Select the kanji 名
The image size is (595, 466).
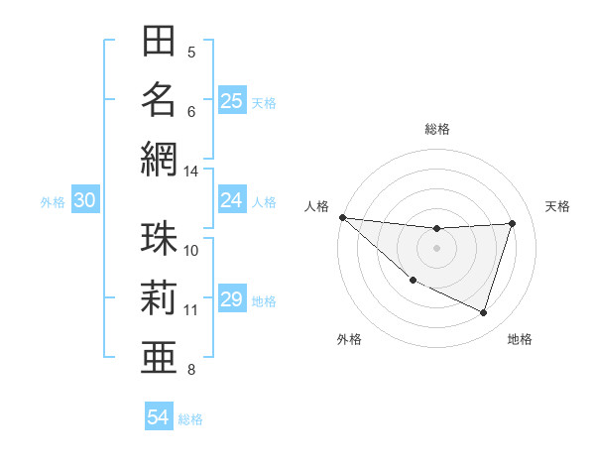click(159, 100)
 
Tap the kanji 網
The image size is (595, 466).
click(159, 159)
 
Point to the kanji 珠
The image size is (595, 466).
click(159, 239)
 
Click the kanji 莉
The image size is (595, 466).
click(159, 297)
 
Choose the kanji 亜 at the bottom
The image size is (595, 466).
click(159, 356)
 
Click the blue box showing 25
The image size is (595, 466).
click(231, 101)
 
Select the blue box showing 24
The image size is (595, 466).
click(231, 200)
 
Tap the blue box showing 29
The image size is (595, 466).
click(231, 299)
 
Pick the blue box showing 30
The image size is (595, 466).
click(84, 200)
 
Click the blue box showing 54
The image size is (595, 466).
click(158, 417)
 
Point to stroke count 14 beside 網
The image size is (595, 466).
click(191, 171)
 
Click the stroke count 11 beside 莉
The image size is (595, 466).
click(191, 310)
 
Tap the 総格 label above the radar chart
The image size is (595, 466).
click(436, 129)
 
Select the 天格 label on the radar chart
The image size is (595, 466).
click(558, 206)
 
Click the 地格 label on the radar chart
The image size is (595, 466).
click(520, 339)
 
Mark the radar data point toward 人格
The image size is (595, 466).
click(342, 217)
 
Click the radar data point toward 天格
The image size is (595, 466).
click(513, 223)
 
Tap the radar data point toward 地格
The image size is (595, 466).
click(483, 312)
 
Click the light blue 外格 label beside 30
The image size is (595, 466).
click(53, 201)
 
